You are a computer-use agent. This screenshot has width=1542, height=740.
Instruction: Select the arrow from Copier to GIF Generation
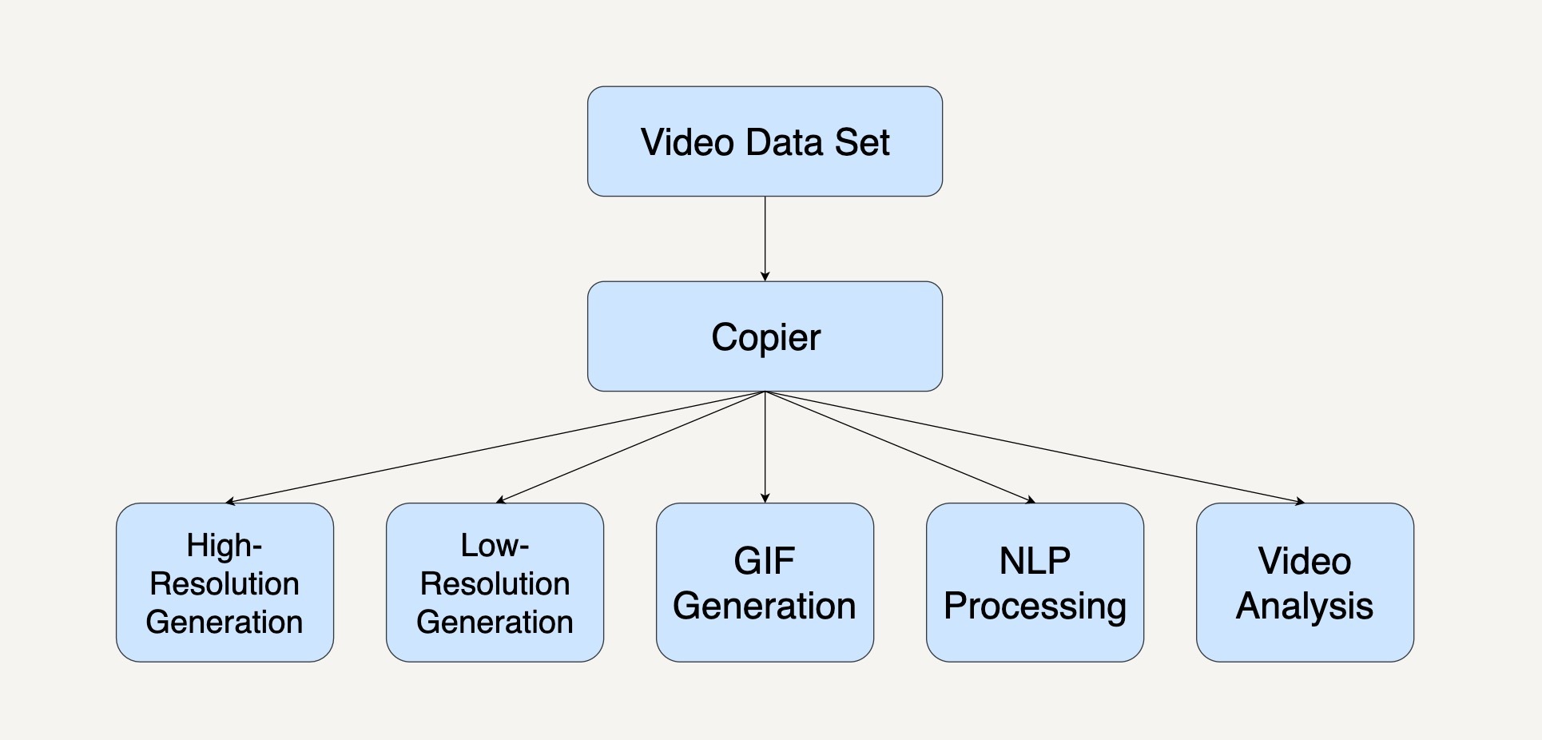765,448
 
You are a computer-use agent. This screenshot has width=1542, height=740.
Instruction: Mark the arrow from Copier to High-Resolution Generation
495,447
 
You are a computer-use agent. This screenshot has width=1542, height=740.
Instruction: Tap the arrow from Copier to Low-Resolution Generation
630,447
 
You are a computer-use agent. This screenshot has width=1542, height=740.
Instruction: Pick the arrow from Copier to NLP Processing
900,447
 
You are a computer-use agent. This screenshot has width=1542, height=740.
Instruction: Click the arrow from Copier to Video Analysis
1035,447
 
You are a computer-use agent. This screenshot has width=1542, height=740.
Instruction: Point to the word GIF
764,561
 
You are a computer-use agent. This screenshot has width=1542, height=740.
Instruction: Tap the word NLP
1035,561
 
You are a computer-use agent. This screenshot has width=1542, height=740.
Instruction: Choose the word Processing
1035,607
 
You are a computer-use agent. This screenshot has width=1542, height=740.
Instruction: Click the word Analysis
1305,607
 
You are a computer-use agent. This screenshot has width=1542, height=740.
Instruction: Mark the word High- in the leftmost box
225,546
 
